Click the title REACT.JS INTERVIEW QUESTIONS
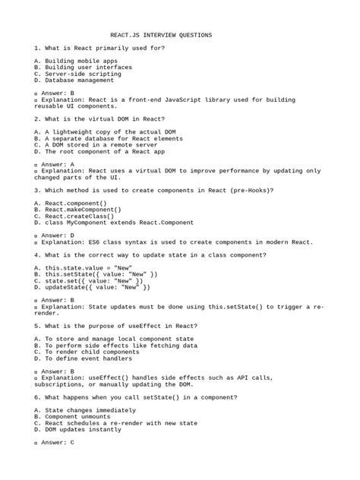(x=161, y=35)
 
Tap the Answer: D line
(x=57, y=235)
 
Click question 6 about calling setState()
(x=122, y=397)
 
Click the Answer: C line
(x=57, y=443)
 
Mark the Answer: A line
(x=57, y=164)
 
